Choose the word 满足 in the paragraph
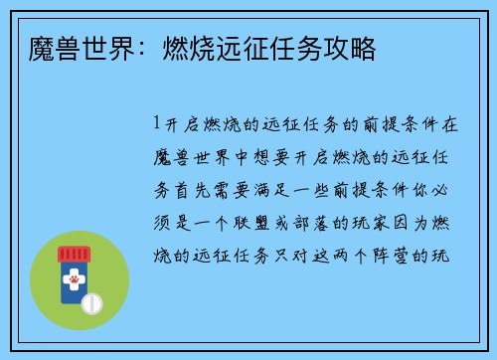(281, 190)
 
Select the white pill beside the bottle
(92, 301)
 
